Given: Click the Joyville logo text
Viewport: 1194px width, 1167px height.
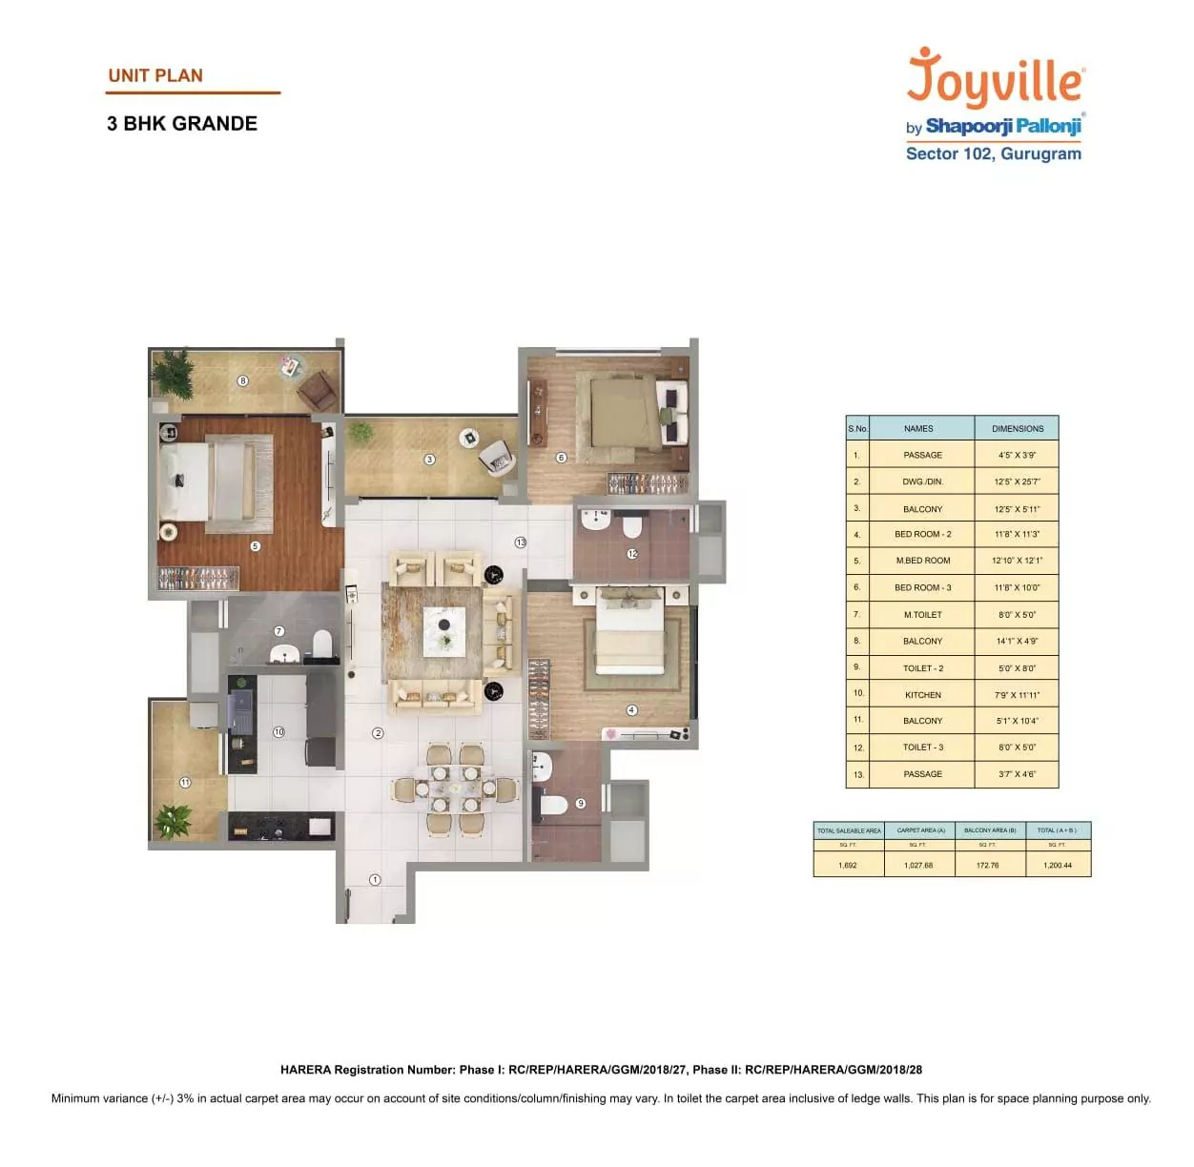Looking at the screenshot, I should point(995,79).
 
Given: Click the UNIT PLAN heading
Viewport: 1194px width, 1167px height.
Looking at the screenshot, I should point(155,76).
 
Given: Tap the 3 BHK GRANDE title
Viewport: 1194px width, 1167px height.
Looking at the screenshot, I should point(182,124).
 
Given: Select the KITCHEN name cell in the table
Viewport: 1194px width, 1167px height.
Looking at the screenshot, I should point(922,695).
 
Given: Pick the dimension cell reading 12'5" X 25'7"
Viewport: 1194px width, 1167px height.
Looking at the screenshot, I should point(1017,481).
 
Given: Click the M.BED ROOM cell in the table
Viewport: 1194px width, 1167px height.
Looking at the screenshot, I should point(922,561).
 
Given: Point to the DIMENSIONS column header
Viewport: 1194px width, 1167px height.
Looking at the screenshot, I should point(1017,428).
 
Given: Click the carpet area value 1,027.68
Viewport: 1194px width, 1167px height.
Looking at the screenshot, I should point(917,866).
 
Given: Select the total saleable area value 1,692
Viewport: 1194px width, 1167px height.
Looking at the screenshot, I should point(847,866).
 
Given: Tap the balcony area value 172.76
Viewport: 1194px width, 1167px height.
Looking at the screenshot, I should point(987,866).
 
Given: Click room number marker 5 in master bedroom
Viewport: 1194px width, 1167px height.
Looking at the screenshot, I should point(255,546).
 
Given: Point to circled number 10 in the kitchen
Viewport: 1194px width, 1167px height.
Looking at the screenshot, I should point(278,732).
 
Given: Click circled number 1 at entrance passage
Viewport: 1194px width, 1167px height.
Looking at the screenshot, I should point(375,880).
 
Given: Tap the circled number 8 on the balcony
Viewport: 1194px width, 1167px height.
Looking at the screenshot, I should point(242,380).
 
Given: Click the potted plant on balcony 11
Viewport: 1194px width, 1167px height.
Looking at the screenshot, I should point(174,819).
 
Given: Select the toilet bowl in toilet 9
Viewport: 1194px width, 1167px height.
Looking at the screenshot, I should point(554,805).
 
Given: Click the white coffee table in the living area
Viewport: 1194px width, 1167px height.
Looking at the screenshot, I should point(444,630).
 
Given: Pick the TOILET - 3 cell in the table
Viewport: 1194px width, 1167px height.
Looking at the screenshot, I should point(922,747).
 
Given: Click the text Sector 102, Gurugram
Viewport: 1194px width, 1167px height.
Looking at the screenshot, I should point(993,154).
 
